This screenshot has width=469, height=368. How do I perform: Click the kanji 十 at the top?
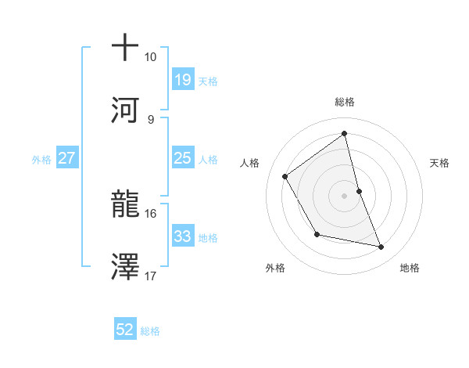point(125,48)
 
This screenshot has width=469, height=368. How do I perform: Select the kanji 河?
point(125,109)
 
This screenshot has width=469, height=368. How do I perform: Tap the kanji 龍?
point(125,203)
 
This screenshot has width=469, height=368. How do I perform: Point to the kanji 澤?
point(125,265)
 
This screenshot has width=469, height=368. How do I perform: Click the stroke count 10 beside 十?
point(151,57)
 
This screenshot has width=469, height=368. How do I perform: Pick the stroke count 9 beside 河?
point(150,119)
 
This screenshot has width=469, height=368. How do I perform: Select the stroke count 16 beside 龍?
point(151,213)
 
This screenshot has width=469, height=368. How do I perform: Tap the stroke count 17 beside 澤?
point(151,276)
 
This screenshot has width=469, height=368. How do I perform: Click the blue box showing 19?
point(182,80)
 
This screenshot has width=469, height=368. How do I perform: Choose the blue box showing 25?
point(182,158)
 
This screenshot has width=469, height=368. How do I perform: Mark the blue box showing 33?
point(182,236)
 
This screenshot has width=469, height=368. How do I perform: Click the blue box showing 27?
point(66,158)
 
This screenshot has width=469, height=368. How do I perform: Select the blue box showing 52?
point(125,330)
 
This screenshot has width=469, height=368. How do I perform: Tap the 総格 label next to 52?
point(150,331)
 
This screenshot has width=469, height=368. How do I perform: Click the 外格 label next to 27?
point(41,159)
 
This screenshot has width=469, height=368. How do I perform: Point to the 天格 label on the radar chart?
point(440,163)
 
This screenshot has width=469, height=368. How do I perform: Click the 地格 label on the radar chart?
point(410,268)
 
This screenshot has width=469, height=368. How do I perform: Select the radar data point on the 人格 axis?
point(285,177)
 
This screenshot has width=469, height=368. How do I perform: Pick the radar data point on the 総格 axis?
point(344,134)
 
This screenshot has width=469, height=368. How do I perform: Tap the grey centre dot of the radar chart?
point(344,196)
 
